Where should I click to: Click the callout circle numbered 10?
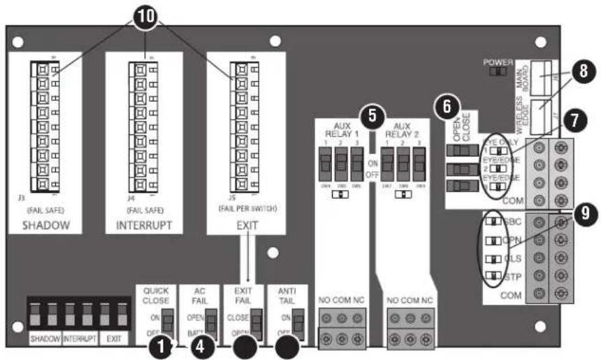click(145, 17)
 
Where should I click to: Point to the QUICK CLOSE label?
click(156, 296)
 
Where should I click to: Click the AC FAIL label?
click(196, 296)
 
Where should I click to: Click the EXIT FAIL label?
click(242, 296)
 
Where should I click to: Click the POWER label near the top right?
click(498, 62)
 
